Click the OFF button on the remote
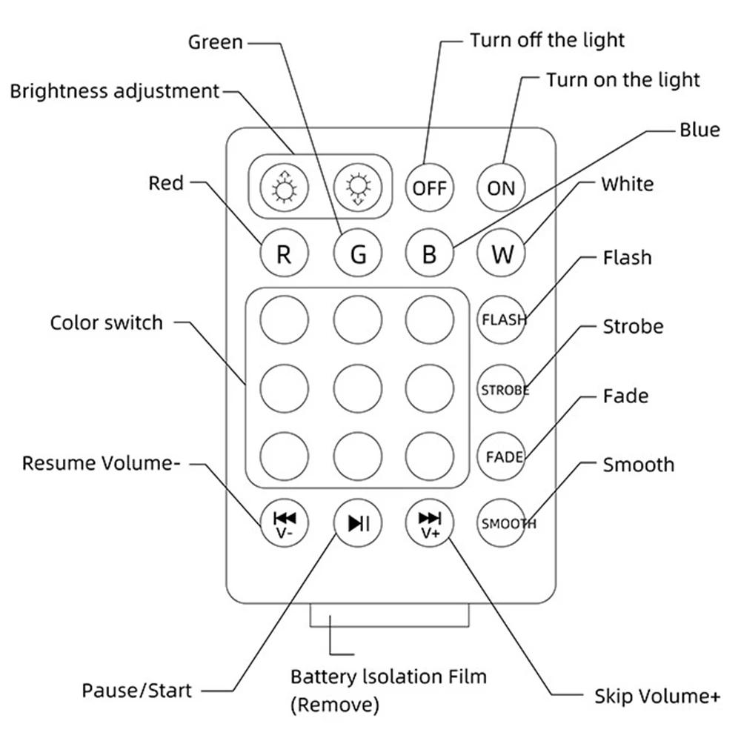coord(429,187)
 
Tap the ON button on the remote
coord(501,187)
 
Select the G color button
coord(357,254)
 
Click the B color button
coord(429,254)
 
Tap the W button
coord(501,254)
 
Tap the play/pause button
coord(357,523)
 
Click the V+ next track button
coord(429,523)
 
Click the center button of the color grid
coord(357,386)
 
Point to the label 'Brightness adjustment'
coord(115,91)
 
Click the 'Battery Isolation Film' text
coord(388,677)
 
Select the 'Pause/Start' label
coord(136,691)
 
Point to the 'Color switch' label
coord(106,323)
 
